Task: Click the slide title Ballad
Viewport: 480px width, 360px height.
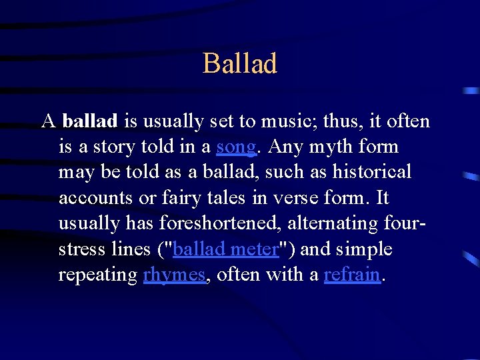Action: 239,64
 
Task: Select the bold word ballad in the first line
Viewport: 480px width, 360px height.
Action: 90,121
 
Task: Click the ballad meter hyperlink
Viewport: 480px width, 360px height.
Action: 225,249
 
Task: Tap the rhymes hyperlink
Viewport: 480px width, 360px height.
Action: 174,275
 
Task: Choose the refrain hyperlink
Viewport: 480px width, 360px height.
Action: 352,275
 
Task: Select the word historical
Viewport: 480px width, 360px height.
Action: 373,172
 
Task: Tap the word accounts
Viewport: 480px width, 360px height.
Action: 91,198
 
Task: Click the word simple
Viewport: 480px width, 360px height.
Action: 364,249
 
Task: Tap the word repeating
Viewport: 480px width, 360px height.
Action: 98,275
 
